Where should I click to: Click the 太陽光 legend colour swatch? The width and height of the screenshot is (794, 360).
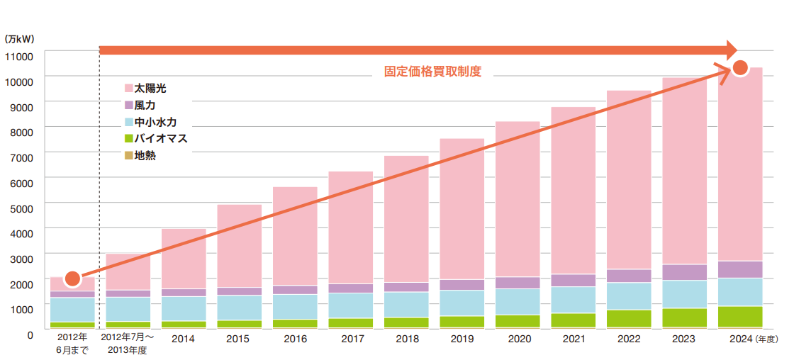click(128, 89)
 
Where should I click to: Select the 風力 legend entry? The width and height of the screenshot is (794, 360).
click(145, 105)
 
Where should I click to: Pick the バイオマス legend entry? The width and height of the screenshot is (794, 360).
click(160, 138)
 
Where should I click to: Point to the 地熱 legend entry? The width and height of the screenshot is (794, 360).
click(145, 155)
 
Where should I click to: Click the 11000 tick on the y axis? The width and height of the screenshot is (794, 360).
click(19, 56)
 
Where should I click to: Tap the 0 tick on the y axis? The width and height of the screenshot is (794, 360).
click(30, 334)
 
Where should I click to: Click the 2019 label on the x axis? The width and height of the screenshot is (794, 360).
click(462, 339)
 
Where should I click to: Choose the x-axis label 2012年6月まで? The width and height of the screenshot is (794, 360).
click(72, 344)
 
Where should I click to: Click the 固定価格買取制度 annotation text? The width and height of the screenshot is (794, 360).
click(432, 72)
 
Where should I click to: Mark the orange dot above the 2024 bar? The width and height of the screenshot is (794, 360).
click(740, 68)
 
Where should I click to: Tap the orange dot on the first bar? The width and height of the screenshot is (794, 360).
click(72, 279)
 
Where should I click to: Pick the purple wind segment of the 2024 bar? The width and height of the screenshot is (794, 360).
click(740, 269)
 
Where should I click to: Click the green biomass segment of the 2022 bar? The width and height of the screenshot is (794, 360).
click(629, 318)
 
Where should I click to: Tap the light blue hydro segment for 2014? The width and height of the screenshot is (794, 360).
click(184, 308)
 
